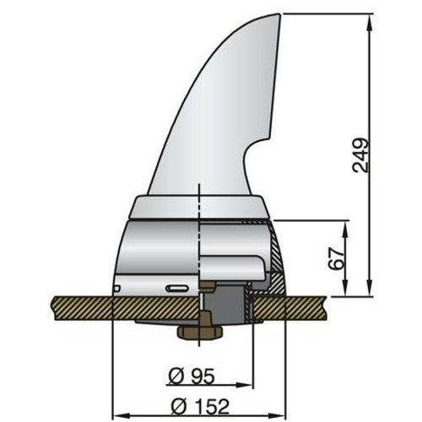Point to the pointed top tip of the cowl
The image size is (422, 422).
click(279, 15)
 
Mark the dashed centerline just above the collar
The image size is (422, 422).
click(198, 190)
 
